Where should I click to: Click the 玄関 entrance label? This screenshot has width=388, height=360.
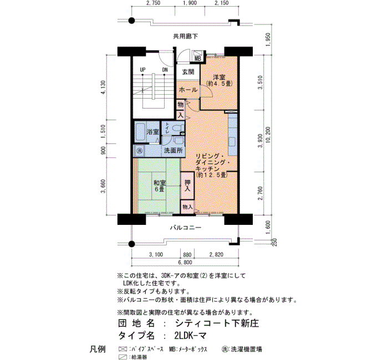tap(188, 72)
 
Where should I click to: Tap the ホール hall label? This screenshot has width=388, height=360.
tap(188, 90)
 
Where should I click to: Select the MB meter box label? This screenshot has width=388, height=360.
tap(198, 59)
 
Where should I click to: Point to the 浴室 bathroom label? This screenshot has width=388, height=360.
tap(152, 132)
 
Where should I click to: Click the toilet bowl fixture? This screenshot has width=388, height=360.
tap(178, 128)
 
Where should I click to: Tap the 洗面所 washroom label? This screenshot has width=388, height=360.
tap(173, 150)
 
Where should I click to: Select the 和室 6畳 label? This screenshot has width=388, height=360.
tap(160, 186)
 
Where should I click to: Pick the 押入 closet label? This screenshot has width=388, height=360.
tap(187, 186)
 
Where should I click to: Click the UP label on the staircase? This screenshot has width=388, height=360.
tap(142, 70)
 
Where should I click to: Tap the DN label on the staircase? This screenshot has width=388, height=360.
tap(165, 70)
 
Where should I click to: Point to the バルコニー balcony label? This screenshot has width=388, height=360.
tap(185, 228)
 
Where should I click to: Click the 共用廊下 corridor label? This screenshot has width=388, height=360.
tap(185, 37)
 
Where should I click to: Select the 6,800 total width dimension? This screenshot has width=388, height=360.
tap(185, 263)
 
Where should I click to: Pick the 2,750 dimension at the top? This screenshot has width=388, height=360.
tap(153, 3)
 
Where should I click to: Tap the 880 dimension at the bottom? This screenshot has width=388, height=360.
tap(187, 254)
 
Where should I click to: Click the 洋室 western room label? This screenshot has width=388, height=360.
tap(219, 77)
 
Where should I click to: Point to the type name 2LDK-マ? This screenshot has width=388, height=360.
tap(190, 336)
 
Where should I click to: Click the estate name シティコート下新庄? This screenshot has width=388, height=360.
tap(217, 323)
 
